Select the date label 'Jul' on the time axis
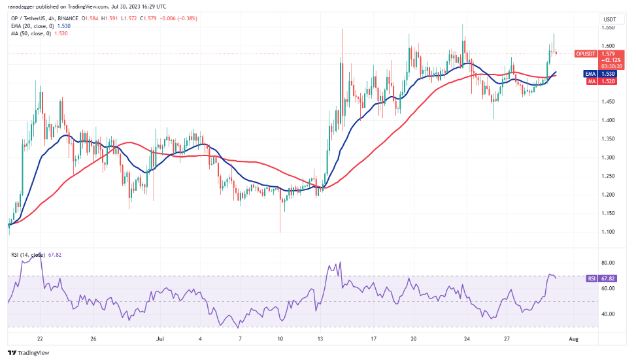[159, 339]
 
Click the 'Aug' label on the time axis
[574, 339]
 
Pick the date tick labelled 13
[320, 339]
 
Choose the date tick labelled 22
[41, 339]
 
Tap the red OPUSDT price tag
[586, 54]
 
